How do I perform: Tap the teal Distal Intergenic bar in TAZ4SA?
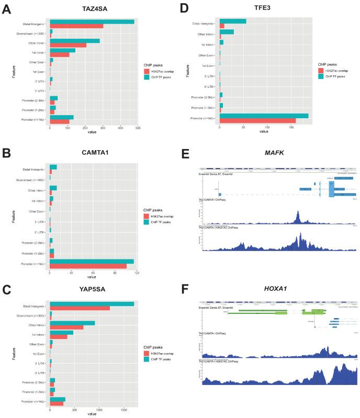coord(92,22)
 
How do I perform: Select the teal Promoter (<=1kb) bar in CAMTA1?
coord(92,261)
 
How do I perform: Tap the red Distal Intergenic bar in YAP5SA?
coord(80,308)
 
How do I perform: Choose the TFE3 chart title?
coord(265,8)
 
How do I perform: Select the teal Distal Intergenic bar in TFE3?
coord(233,21)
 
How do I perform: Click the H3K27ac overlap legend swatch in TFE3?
coord(320,70)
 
